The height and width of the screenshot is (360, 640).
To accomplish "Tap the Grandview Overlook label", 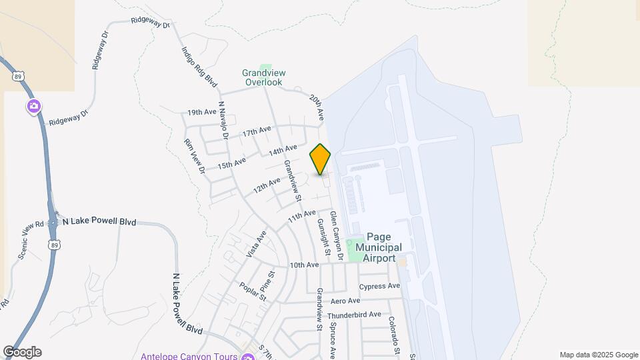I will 263,77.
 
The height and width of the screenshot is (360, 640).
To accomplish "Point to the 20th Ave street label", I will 317,106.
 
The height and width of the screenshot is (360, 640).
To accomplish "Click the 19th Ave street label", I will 202,113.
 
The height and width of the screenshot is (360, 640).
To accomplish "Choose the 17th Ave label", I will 257,132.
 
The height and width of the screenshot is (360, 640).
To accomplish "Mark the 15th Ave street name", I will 231,162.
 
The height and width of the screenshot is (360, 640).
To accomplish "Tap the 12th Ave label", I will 267,185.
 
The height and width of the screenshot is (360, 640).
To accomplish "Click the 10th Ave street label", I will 304,265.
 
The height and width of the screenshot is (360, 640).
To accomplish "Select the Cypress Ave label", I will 379,287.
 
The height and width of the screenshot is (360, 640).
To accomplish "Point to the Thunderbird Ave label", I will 354,315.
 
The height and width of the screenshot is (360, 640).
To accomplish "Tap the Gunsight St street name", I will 324,237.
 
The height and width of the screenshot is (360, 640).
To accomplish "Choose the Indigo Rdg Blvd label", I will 199,66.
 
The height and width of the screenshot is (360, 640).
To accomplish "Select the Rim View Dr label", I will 195,156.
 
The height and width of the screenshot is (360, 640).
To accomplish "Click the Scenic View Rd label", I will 30,241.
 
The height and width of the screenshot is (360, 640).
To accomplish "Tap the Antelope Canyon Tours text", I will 189,355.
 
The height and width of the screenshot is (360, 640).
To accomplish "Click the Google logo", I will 22,352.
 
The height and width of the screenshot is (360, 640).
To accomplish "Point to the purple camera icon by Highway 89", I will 33,107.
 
